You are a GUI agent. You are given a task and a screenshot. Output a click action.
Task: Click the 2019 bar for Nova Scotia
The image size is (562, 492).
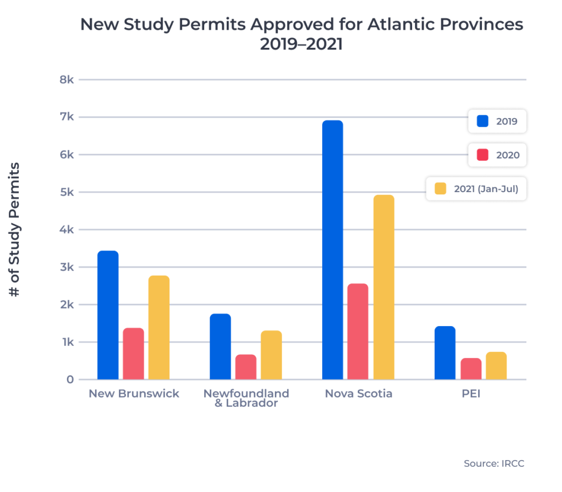pyautogui.click(x=333, y=250)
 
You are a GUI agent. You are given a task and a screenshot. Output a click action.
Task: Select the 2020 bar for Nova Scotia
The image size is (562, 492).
pyautogui.click(x=358, y=332)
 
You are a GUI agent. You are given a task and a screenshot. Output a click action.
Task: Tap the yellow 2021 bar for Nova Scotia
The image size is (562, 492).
pyautogui.click(x=384, y=287)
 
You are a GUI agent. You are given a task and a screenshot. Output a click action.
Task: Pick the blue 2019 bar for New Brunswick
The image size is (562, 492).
pyautogui.click(x=108, y=315)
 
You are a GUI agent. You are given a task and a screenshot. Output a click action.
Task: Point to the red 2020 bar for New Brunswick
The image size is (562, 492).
pyautogui.click(x=133, y=354)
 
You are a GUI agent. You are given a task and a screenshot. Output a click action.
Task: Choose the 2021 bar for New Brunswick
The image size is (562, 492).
pyautogui.click(x=159, y=327)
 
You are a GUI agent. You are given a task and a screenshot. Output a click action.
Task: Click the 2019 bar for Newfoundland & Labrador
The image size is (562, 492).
pyautogui.click(x=220, y=346)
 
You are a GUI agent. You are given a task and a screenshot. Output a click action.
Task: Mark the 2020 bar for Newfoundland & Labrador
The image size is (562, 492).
pyautogui.click(x=246, y=367)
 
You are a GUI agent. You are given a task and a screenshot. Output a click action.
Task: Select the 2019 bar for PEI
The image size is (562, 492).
pyautogui.click(x=445, y=353)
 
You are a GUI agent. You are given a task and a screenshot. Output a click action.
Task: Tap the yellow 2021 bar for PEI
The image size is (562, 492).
pyautogui.click(x=496, y=366)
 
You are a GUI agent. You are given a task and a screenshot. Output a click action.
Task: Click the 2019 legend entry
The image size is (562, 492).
pyautogui.click(x=497, y=121)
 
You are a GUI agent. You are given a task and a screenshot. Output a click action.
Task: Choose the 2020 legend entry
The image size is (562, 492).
pyautogui.click(x=497, y=155)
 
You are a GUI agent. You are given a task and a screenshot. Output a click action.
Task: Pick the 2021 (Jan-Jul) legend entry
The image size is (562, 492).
pyautogui.click(x=476, y=189)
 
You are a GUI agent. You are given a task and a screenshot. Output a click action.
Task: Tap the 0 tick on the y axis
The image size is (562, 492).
pyautogui.click(x=70, y=379)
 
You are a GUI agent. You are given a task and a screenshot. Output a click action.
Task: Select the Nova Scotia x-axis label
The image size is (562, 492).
pyautogui.click(x=358, y=394)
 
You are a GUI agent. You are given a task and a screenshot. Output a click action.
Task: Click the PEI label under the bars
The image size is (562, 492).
pyautogui.click(x=470, y=394)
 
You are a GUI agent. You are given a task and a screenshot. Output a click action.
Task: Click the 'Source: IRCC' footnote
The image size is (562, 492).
pyautogui.click(x=494, y=463)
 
